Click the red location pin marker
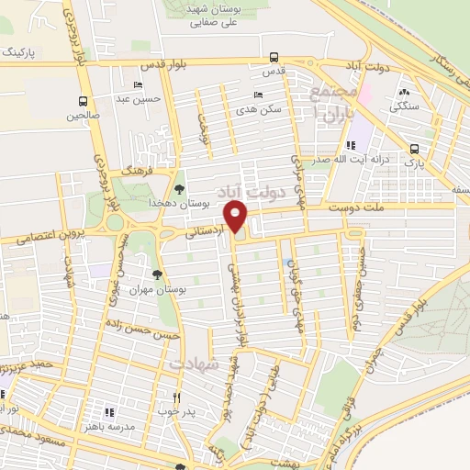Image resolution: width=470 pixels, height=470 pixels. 237,218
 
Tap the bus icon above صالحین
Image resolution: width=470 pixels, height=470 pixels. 84,102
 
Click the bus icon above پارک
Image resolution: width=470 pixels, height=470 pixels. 414,149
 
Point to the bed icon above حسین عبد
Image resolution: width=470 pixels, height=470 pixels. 139,85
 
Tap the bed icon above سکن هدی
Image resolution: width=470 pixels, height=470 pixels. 257,95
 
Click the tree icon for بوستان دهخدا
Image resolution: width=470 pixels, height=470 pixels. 178,188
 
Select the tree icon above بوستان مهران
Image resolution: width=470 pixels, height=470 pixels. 158,274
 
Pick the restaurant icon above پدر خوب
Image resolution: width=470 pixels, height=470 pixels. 176,397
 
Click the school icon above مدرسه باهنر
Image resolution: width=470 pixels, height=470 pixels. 109,414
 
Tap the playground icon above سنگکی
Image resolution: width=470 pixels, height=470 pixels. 405,92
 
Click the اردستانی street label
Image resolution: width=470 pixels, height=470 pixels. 207,232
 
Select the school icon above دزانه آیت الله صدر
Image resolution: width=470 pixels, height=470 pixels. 351,145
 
